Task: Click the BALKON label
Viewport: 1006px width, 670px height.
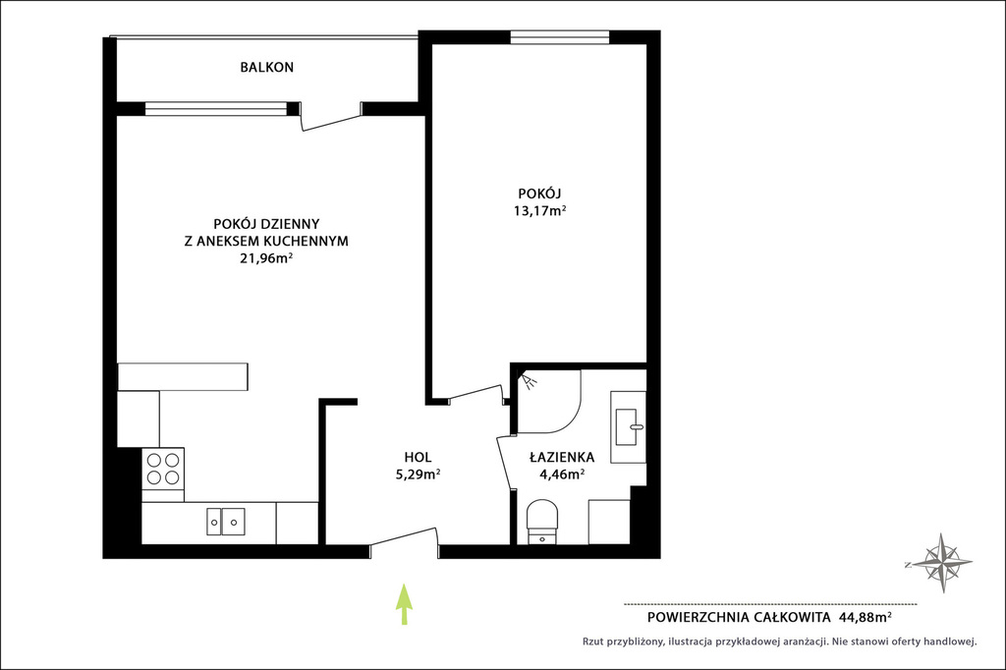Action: coord(267,67)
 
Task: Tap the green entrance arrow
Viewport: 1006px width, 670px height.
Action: coord(403,604)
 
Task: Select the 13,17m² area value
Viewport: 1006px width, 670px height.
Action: coord(539,210)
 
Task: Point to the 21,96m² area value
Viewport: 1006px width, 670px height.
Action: coord(266,258)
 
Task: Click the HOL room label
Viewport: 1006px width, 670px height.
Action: coord(418,458)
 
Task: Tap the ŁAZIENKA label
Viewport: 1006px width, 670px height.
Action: coord(562,458)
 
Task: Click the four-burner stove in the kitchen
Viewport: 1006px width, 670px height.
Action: coord(163,469)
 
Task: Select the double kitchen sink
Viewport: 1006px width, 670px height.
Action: coord(226,521)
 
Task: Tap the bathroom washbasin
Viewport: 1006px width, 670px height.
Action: coord(629,426)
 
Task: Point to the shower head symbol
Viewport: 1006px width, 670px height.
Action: coord(530,382)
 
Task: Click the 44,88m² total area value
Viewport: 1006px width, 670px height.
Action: coord(865,617)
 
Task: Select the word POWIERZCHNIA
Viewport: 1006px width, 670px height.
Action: coord(697,618)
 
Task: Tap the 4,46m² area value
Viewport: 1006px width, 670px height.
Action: coord(562,475)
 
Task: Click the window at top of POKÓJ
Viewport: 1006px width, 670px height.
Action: coord(559,37)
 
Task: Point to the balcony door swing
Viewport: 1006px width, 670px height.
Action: coord(332,120)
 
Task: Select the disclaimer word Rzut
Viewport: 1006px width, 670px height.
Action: coord(593,641)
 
